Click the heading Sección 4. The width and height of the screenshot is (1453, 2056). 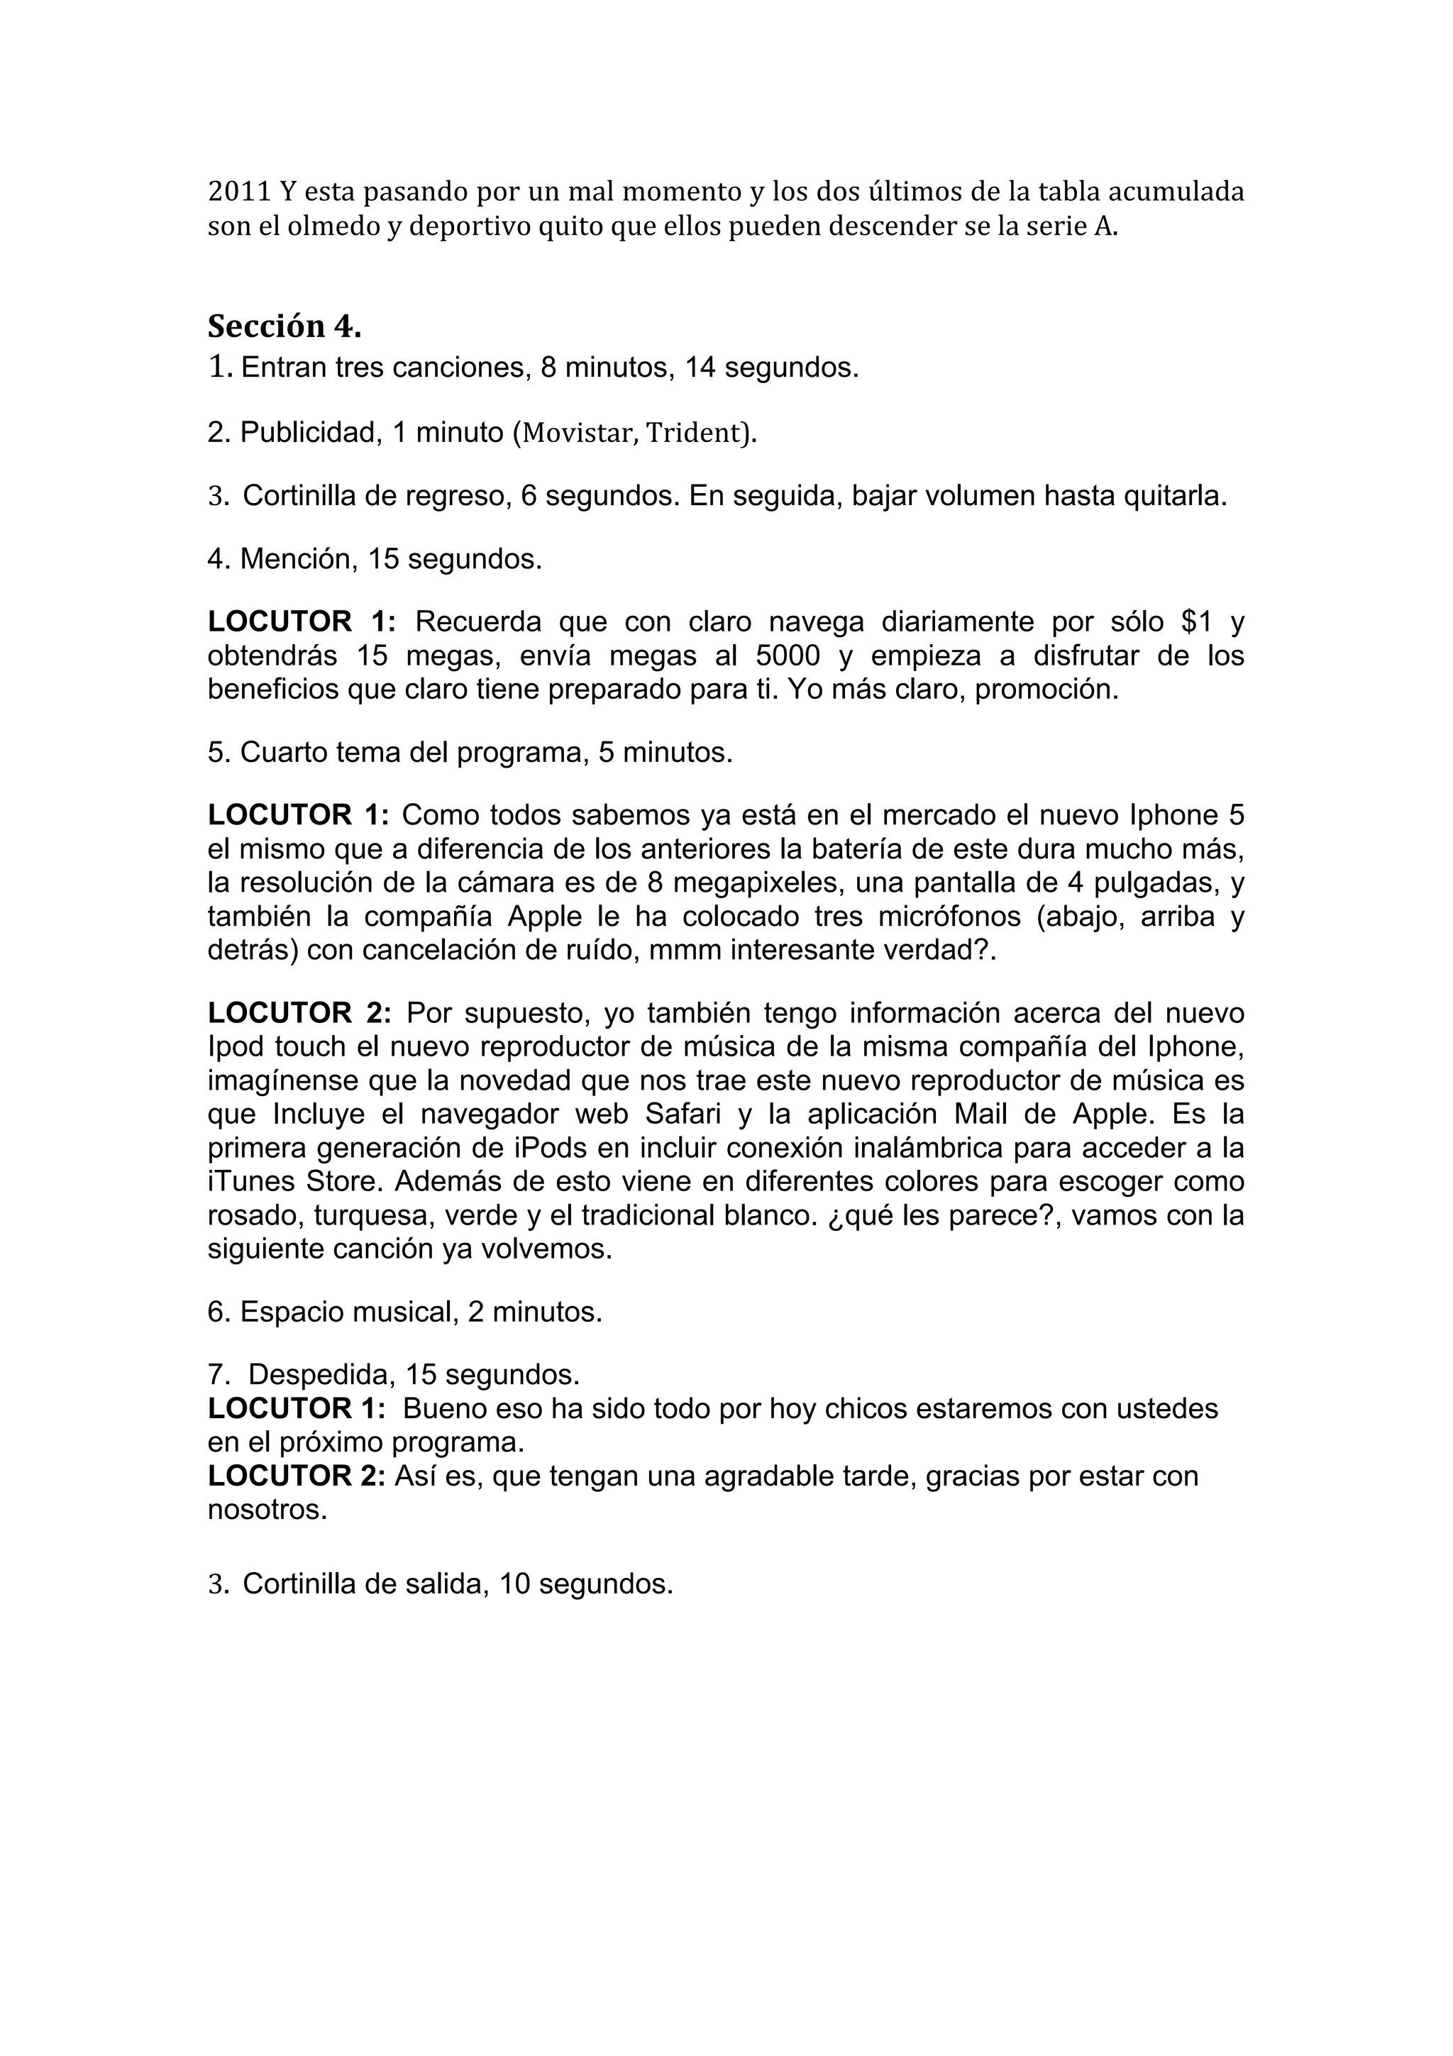(284, 327)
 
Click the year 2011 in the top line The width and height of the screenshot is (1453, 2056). (238, 192)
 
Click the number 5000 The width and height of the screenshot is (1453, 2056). (788, 656)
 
